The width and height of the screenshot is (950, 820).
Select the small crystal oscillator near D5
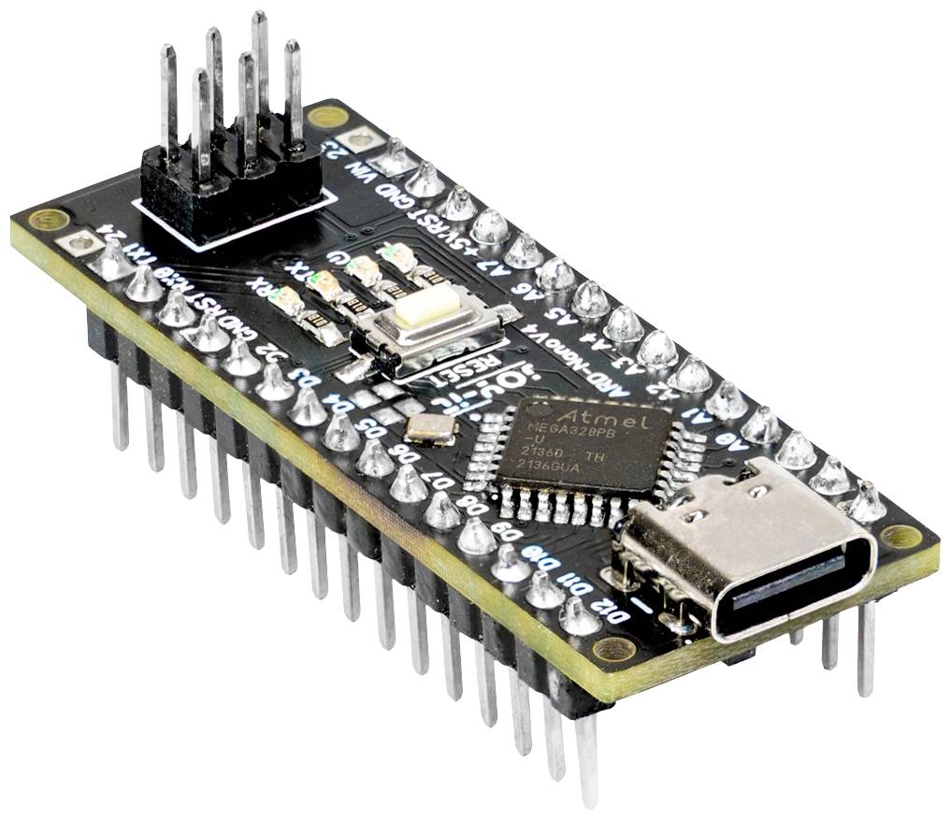pos(431,428)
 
